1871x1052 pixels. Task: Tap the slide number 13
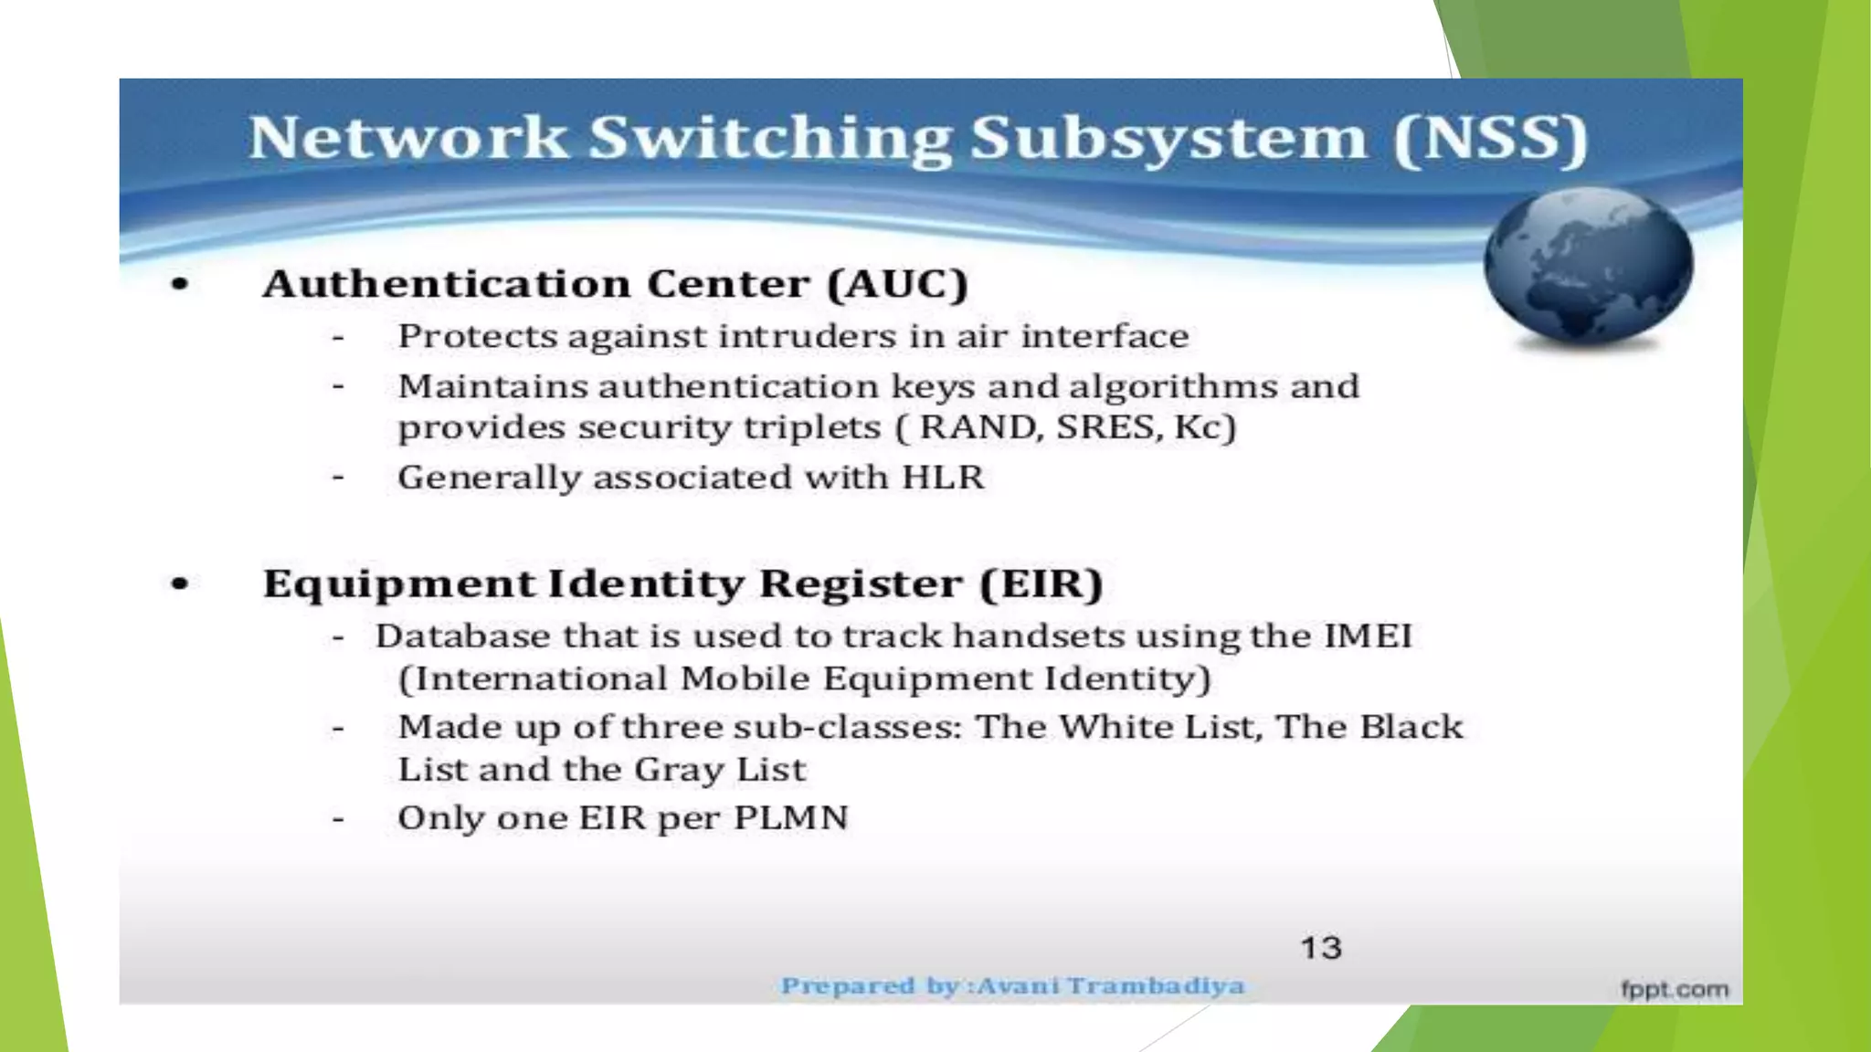(1321, 948)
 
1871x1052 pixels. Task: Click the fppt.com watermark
(1675, 989)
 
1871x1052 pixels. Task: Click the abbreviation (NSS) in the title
(1491, 139)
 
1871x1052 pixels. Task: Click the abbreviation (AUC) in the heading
(897, 284)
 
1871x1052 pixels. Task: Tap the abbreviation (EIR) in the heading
(1041, 584)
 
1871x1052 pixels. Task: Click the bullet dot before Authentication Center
(180, 285)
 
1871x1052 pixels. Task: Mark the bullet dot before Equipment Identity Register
(180, 584)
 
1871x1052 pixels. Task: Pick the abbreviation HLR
(943, 478)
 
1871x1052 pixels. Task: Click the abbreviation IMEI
(1368, 636)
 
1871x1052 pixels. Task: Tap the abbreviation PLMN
(791, 818)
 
